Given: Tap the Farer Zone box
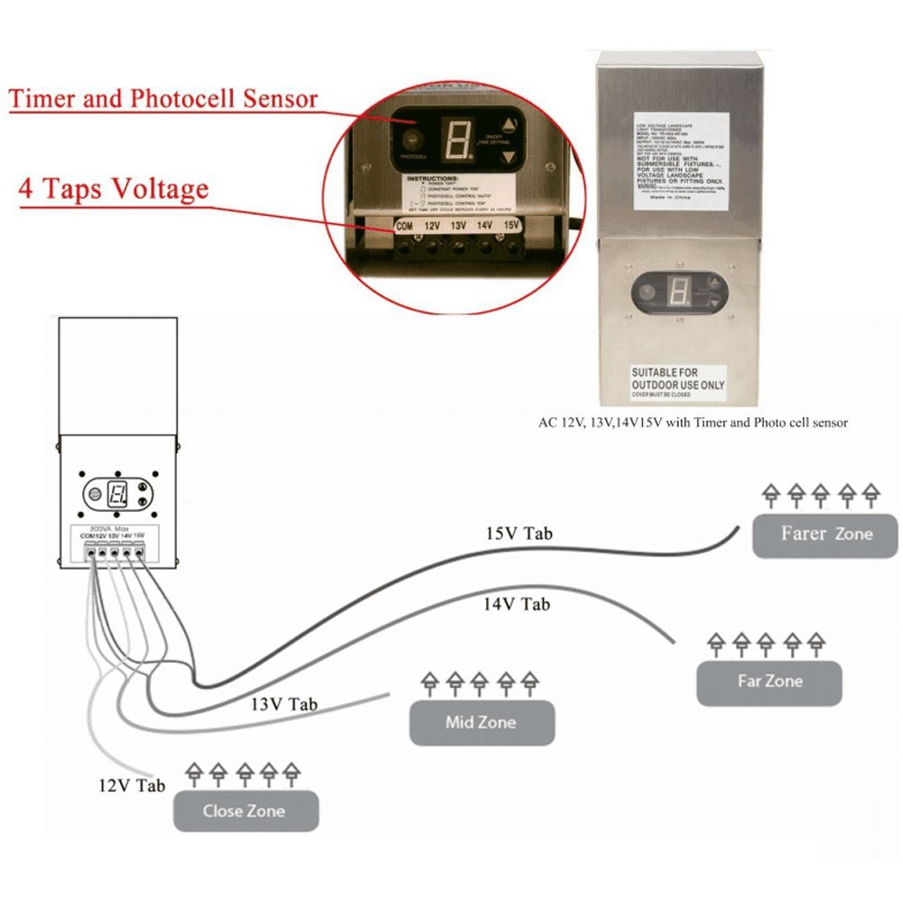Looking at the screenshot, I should pos(825,534).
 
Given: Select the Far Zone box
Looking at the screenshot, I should pos(768,682).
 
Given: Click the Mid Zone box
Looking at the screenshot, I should pos(480,722).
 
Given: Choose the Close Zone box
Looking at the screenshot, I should pos(245,811).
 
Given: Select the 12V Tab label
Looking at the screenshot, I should pos(131,786).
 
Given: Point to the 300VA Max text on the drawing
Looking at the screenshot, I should pos(109,527).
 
